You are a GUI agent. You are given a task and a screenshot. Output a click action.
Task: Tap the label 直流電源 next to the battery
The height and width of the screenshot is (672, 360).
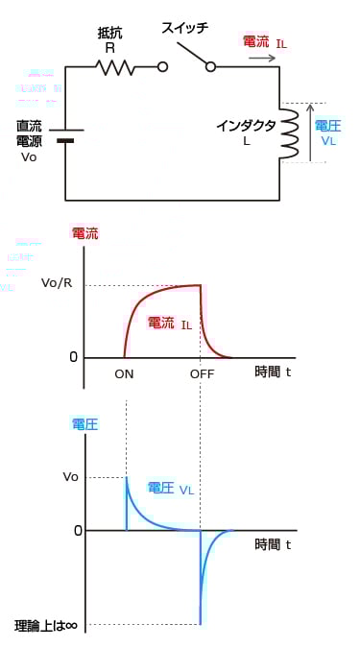click(29, 133)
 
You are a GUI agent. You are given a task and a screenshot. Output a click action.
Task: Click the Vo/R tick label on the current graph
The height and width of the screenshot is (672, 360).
click(57, 283)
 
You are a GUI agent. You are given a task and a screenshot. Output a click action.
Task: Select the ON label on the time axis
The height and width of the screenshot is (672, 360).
click(124, 373)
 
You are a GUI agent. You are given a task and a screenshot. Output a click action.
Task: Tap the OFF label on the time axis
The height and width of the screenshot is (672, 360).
click(202, 373)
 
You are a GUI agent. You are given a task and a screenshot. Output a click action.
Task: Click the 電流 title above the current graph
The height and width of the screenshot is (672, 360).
click(84, 233)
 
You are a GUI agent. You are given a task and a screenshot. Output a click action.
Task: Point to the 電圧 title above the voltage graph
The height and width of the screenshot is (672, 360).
click(84, 423)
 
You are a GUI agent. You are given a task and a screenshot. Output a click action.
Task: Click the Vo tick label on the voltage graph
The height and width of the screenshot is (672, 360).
click(70, 476)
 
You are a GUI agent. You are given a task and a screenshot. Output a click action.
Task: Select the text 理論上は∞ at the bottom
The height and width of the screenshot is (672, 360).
click(46, 625)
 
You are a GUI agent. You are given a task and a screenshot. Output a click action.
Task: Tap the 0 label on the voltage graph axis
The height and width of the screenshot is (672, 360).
click(73, 530)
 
